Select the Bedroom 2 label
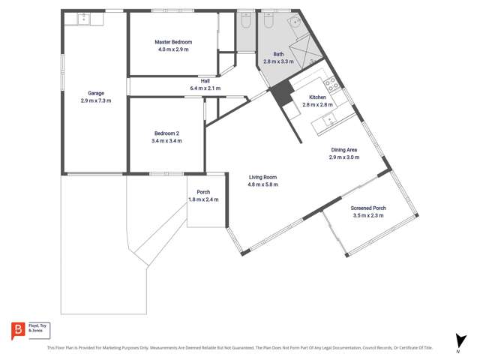(166, 133)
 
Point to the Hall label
(205, 81)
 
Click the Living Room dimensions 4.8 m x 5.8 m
(263, 184)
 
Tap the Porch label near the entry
(203, 192)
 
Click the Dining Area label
(343, 150)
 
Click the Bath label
(278, 54)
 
